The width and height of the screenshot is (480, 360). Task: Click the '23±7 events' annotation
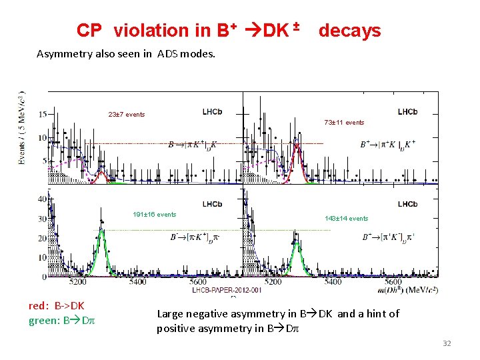pos(127,115)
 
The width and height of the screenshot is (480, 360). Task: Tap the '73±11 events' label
pos(344,123)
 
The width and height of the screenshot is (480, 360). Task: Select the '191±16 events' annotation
pos(154,215)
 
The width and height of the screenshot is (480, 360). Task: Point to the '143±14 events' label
pos(346,219)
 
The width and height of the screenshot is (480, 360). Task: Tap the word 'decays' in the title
pos(349,31)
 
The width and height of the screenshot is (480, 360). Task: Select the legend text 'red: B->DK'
pos(57,306)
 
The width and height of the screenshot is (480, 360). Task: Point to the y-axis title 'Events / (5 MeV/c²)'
pos(22,129)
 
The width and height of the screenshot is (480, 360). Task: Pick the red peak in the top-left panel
pos(101,178)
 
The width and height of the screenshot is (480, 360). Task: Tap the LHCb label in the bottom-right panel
pos(407,204)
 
